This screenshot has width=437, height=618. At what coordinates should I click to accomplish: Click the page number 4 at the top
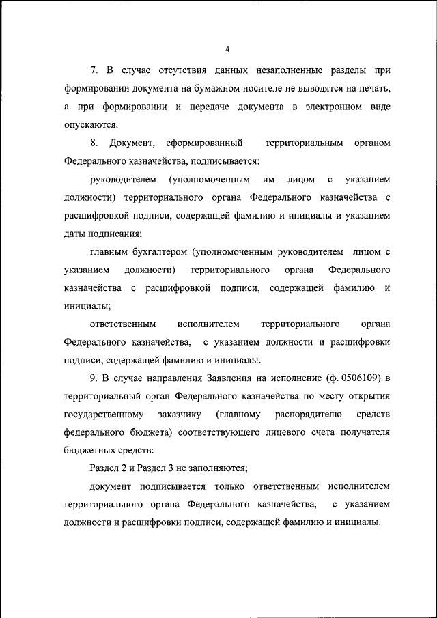click(x=227, y=48)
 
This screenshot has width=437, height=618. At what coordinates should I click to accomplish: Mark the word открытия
click(x=365, y=396)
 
